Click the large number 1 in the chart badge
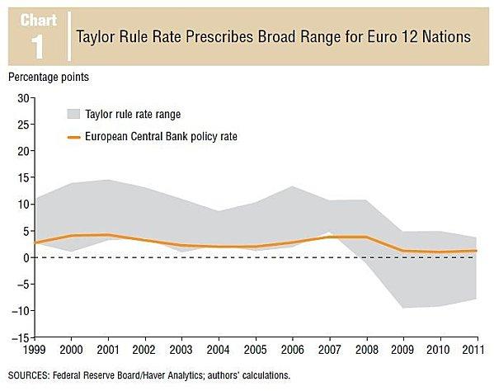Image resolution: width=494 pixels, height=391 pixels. (x=37, y=48)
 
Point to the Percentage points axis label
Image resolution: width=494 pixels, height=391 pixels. (x=49, y=78)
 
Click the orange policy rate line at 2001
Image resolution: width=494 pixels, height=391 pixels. (x=109, y=235)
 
